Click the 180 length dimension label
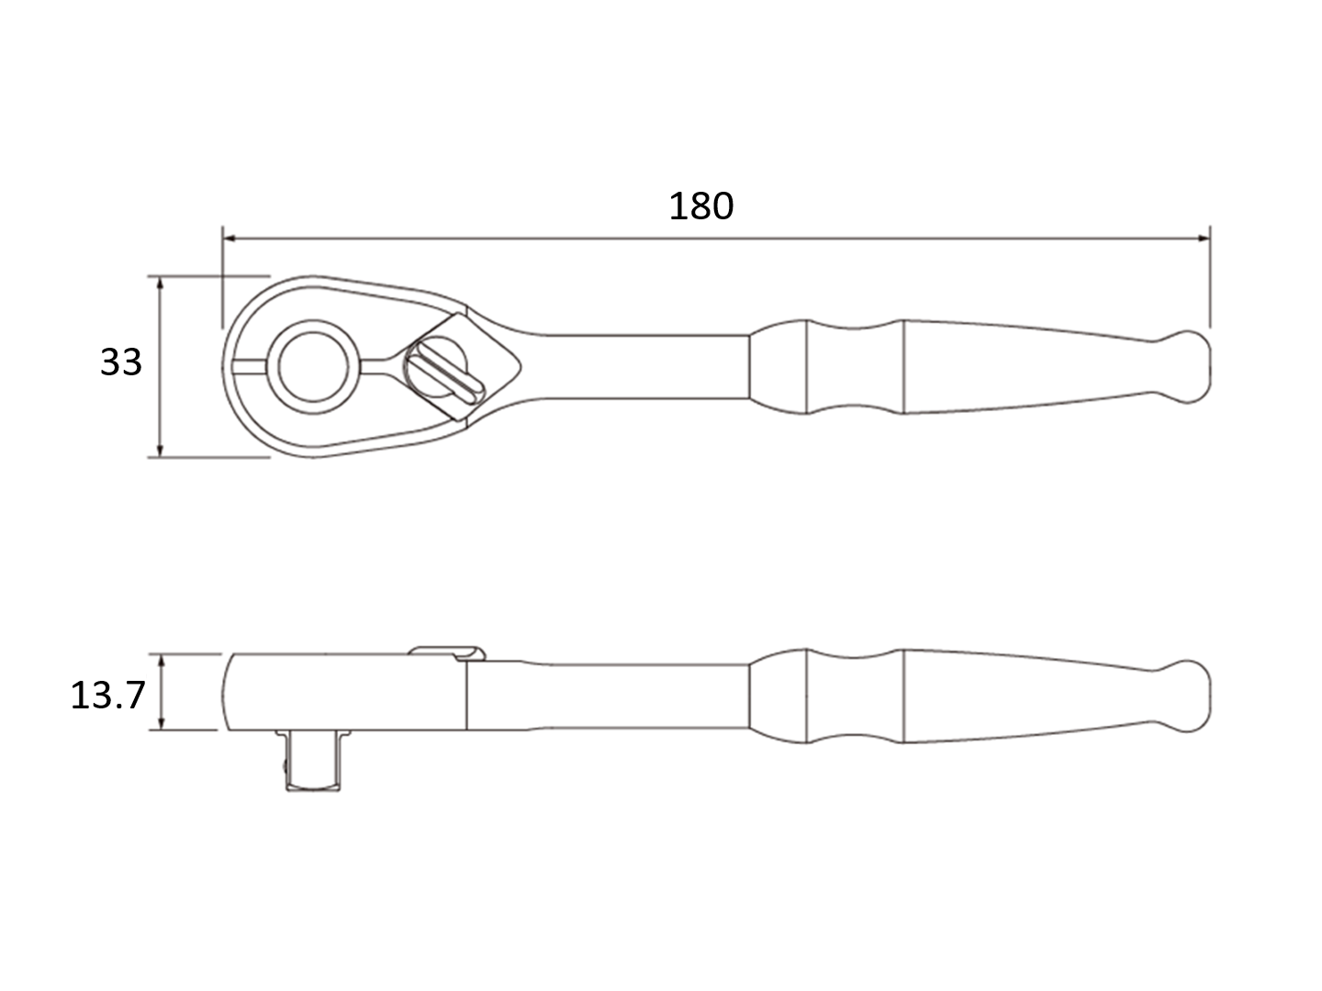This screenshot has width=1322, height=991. [700, 206]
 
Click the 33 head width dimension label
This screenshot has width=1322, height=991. [121, 362]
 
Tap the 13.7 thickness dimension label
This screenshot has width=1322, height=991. [107, 696]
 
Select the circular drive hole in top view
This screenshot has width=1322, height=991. [314, 366]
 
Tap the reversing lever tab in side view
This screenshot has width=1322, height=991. [446, 651]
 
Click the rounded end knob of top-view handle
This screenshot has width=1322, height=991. [1188, 366]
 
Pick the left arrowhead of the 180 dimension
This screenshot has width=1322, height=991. [230, 239]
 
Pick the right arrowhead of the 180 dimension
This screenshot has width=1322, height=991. [1202, 239]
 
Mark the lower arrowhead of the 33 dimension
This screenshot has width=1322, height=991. [161, 450]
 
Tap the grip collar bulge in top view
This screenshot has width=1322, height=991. [780, 366]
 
